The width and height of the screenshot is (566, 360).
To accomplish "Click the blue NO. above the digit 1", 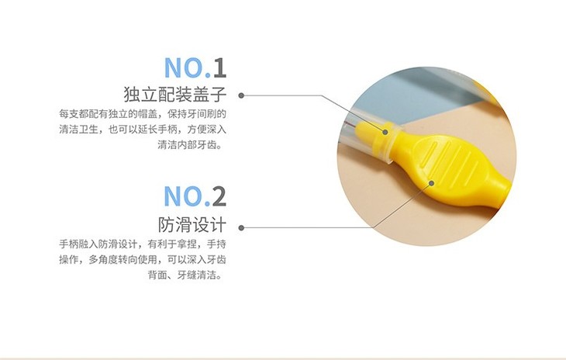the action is tap(187, 67).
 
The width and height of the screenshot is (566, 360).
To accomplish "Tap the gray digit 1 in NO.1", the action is tap(220, 67).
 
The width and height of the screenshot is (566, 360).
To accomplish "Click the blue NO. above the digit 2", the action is tap(187, 196).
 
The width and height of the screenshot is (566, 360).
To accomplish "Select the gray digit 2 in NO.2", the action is tap(219, 196).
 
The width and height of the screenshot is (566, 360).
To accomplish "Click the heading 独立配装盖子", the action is tap(175, 94).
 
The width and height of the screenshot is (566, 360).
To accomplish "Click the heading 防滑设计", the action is tap(192, 224).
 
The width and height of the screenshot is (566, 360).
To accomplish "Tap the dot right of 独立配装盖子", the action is tap(241, 95).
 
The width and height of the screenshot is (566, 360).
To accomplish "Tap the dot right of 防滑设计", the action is tap(241, 228).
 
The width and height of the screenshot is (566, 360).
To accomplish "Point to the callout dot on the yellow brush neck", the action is tap(385, 132).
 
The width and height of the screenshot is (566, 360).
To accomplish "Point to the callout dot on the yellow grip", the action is tap(431, 183).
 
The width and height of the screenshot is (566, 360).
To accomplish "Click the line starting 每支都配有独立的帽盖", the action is tap(143, 114).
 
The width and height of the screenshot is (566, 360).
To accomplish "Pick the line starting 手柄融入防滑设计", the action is tap(143, 244).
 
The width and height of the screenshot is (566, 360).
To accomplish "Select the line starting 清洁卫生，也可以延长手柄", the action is tap(143, 130).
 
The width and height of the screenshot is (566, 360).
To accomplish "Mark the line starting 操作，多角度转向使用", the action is tap(143, 260).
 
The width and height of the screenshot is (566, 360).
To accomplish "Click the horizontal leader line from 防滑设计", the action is tap(308, 228).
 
